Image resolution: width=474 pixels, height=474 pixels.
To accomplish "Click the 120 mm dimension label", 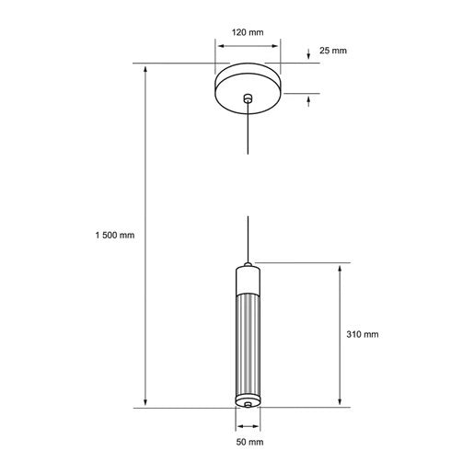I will (248, 32).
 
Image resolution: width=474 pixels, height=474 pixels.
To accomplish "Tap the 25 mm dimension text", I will (332, 50).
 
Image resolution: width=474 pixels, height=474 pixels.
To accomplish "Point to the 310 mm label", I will (362, 335).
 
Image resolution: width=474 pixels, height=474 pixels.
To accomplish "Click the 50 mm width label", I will (248, 443).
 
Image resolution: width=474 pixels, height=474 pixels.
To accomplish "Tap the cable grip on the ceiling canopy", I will (248, 98).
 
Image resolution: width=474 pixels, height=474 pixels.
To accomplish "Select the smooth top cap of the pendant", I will (248, 278).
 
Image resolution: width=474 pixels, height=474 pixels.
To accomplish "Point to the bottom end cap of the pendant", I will (248, 399).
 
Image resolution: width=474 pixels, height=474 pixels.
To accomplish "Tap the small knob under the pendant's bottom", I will (248, 405).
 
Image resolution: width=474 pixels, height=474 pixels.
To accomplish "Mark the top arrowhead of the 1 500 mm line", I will (145, 68).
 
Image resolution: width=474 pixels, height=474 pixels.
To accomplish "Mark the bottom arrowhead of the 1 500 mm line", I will (145, 401).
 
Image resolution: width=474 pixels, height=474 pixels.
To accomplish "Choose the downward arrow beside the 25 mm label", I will (308, 53).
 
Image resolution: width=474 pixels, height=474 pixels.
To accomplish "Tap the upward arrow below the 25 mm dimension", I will (308, 101).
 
